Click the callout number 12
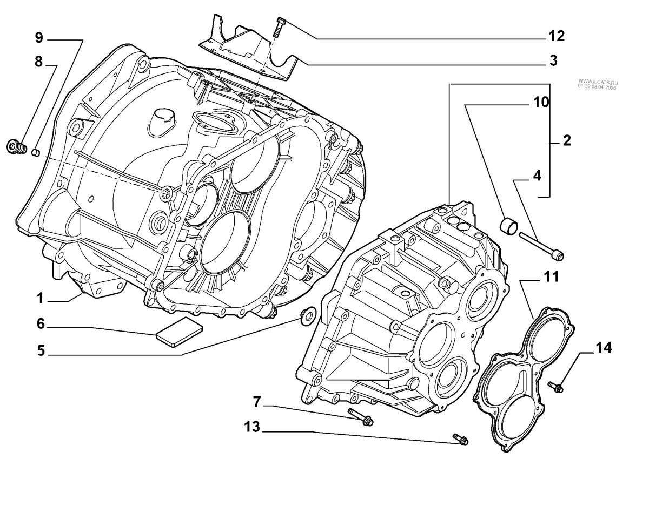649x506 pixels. (557, 36)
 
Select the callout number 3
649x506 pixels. (553, 60)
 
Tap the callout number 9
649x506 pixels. (39, 38)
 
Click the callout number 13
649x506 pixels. (253, 427)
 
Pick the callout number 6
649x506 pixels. (41, 323)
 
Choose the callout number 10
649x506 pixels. (541, 102)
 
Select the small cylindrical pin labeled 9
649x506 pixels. (36, 152)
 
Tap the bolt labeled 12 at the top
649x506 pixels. (279, 28)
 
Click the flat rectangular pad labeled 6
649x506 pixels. (179, 332)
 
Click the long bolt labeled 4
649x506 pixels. (541, 246)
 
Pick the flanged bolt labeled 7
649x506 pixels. (361, 417)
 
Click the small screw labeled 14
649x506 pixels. (556, 387)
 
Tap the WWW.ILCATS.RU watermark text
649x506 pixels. (598, 81)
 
